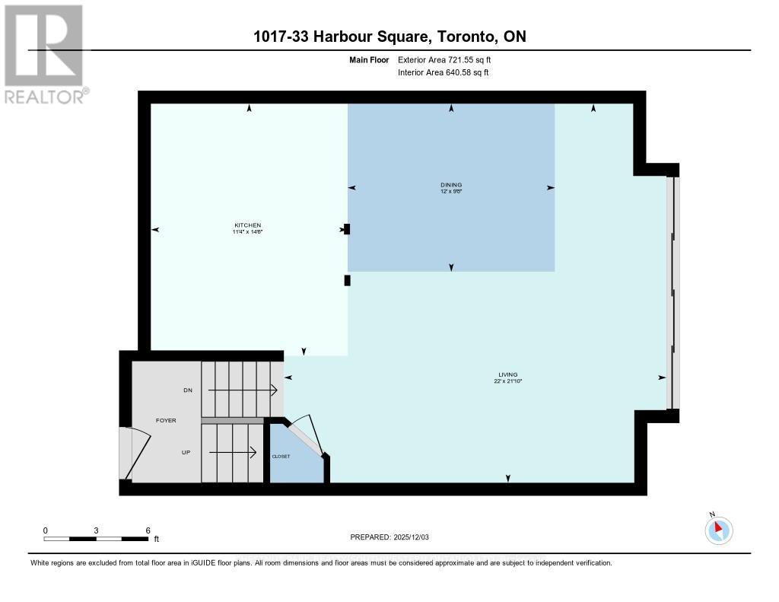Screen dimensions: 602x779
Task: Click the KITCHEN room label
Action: click(x=247, y=225)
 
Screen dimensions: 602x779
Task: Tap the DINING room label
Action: click(x=451, y=185)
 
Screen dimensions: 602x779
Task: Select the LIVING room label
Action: click(x=508, y=374)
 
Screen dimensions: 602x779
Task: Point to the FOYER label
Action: click(x=167, y=419)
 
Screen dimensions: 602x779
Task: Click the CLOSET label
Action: click(x=281, y=456)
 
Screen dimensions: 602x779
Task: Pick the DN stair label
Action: click(x=188, y=390)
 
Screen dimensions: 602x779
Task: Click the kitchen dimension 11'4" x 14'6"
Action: click(x=247, y=231)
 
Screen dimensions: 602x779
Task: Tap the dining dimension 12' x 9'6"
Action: click(x=451, y=192)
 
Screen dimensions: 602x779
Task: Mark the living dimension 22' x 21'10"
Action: click(x=508, y=381)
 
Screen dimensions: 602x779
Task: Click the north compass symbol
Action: click(x=718, y=530)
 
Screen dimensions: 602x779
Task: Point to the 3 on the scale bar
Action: click(x=97, y=530)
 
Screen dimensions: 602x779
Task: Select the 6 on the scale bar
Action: click(x=148, y=530)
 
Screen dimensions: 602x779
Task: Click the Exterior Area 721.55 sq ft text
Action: click(x=450, y=59)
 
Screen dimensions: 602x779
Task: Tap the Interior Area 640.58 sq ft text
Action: click(x=444, y=72)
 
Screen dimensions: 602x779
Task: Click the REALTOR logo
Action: click(x=45, y=54)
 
